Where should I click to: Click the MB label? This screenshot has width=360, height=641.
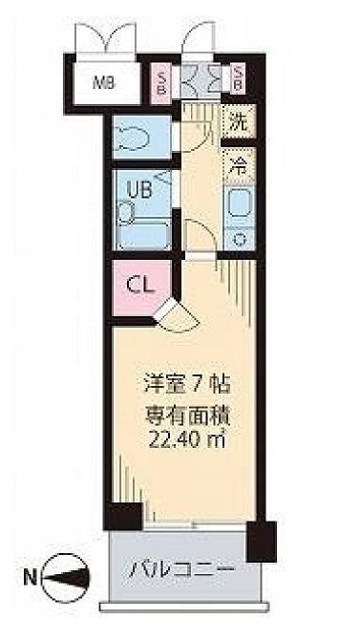pos(104,81)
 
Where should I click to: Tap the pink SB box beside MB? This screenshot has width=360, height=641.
pos(163,81)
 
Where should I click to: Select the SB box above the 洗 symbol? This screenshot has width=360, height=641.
pos(238,81)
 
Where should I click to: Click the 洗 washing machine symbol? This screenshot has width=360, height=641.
pos(238,121)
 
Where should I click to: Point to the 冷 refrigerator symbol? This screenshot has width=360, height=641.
pos(239,163)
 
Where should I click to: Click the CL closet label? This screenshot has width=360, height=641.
pos(139,285)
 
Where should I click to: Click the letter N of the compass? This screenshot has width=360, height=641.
pos(31,577)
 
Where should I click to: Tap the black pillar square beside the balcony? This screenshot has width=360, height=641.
pos(262,540)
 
